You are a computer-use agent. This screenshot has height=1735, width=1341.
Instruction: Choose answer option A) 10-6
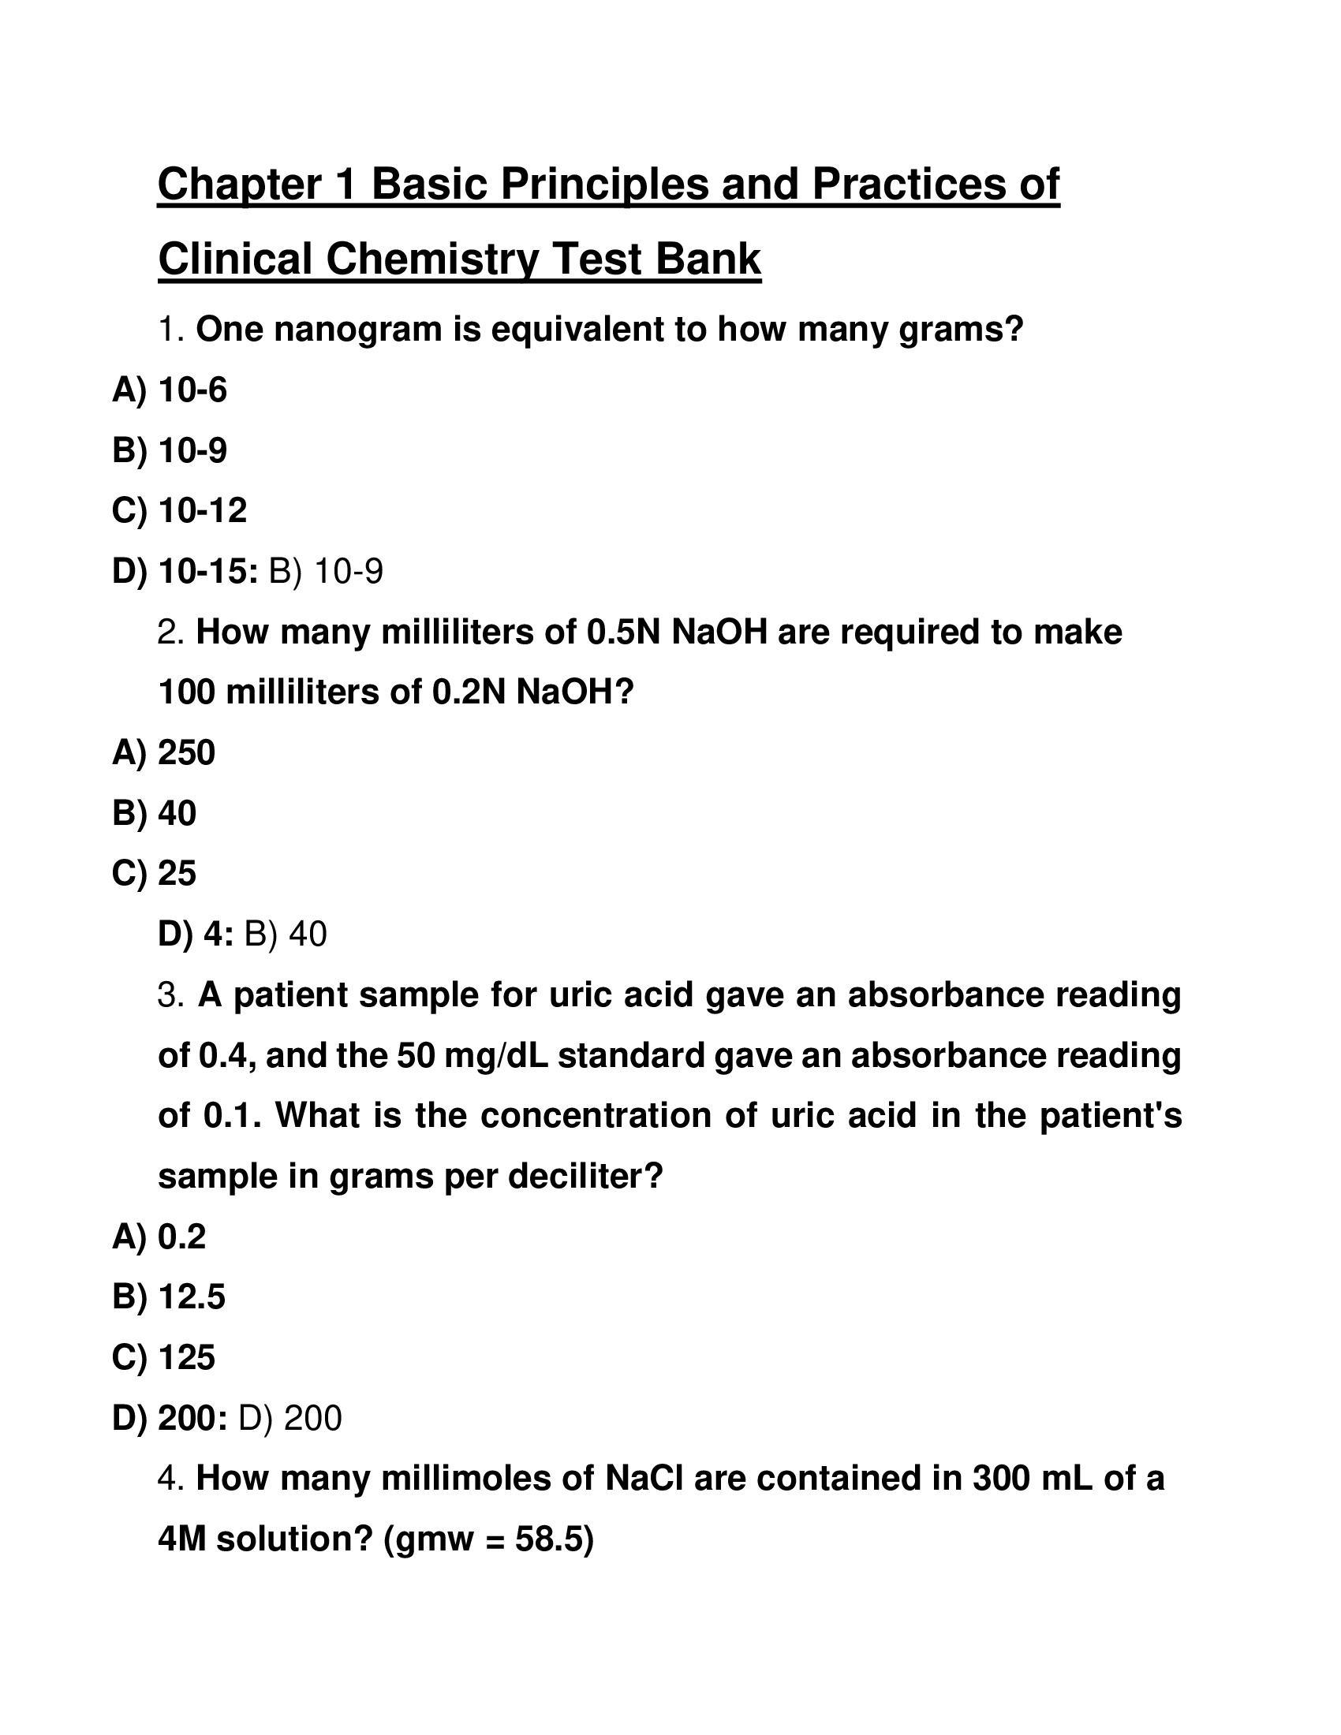point(170,390)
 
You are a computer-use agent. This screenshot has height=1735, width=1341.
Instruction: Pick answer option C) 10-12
point(180,510)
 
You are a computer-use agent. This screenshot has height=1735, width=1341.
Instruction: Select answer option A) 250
point(163,752)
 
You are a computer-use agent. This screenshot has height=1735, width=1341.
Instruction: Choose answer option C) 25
point(154,873)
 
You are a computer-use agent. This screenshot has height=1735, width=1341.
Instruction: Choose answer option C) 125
point(163,1358)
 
